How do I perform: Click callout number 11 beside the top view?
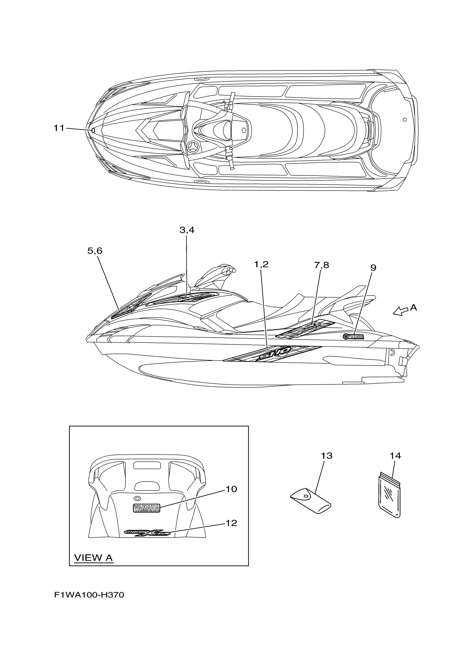pyautogui.click(x=59, y=128)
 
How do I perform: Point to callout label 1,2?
pyautogui.click(x=261, y=264)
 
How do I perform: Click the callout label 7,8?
pyautogui.click(x=321, y=265)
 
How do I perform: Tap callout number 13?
pyautogui.click(x=327, y=456)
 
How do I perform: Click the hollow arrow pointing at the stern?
pyautogui.click(x=400, y=311)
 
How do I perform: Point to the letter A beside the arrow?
pyautogui.click(x=413, y=308)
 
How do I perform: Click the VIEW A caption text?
pyautogui.click(x=93, y=558)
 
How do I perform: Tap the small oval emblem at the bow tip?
pyautogui.click(x=93, y=130)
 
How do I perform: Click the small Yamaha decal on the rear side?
pyautogui.click(x=353, y=337)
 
